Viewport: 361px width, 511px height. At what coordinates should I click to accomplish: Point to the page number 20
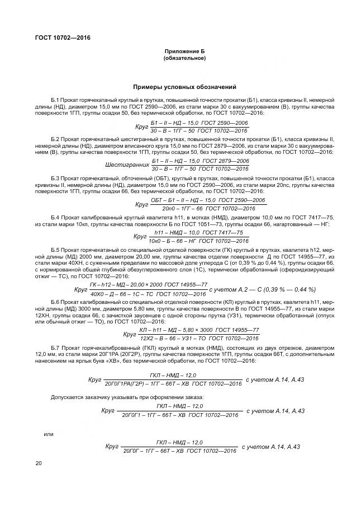(x=38, y=463)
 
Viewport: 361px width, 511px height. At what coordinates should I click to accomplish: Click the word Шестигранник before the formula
(x=126, y=165)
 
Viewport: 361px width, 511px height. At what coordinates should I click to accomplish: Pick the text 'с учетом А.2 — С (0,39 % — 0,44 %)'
(x=262, y=289)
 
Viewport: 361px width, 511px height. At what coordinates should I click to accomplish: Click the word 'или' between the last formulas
(x=49, y=434)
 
